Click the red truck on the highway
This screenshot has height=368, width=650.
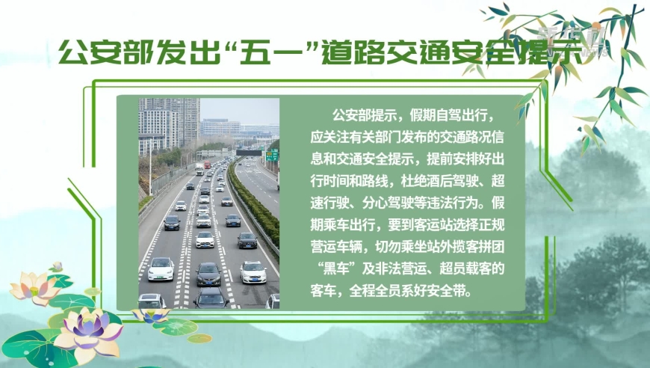click(x=207, y=165)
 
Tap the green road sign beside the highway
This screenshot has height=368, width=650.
click(x=272, y=155)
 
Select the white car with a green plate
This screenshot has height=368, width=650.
click(x=161, y=269)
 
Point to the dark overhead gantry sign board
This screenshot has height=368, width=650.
click(x=249, y=153)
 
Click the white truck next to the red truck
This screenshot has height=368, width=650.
click(x=199, y=169)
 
